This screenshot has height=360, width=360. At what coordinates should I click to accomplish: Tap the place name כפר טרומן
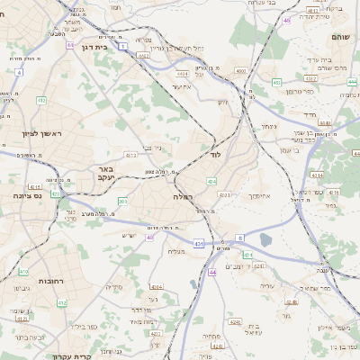click(x=300, y=91)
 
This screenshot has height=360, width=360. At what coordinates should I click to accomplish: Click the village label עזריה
click(x=266, y=285)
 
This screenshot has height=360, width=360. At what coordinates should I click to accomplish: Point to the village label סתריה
click(x=113, y=287)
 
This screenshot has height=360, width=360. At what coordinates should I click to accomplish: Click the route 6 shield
click(x=240, y=237)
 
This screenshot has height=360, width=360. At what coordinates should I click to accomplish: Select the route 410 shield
click(x=24, y=271)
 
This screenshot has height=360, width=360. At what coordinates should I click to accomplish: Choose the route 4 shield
click(x=18, y=71)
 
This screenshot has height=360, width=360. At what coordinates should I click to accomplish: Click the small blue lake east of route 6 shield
click(x=265, y=239)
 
